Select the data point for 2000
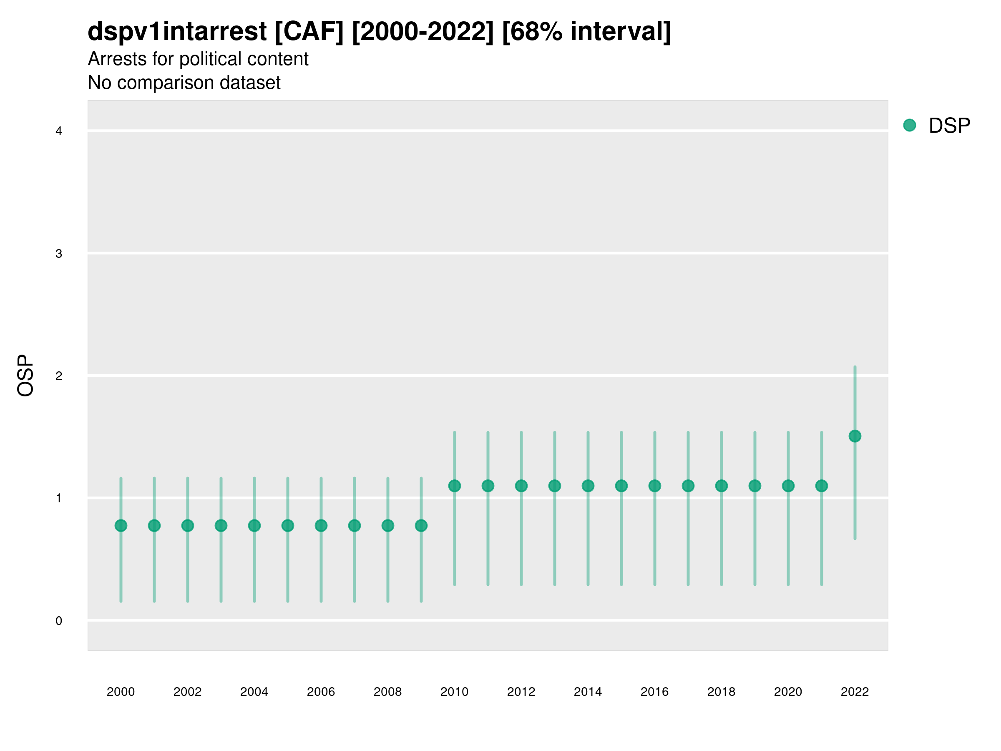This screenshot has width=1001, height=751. [121, 526]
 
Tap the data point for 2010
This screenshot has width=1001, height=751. [454, 486]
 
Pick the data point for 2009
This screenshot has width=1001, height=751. [421, 526]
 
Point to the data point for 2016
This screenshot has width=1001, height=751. [654, 486]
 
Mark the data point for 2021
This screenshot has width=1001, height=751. [821, 486]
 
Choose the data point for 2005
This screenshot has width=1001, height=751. [288, 526]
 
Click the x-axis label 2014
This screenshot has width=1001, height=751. [588, 692]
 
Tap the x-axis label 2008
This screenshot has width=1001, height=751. [387, 692]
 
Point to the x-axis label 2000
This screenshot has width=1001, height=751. [121, 692]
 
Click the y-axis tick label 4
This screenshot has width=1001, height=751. [59, 131]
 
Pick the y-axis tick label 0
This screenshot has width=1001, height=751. [59, 621]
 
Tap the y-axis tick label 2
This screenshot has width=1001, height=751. [59, 376]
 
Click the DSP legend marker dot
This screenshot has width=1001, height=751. [909, 125]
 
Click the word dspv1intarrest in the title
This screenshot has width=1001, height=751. [177, 31]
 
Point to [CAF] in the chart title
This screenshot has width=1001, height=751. [309, 31]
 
